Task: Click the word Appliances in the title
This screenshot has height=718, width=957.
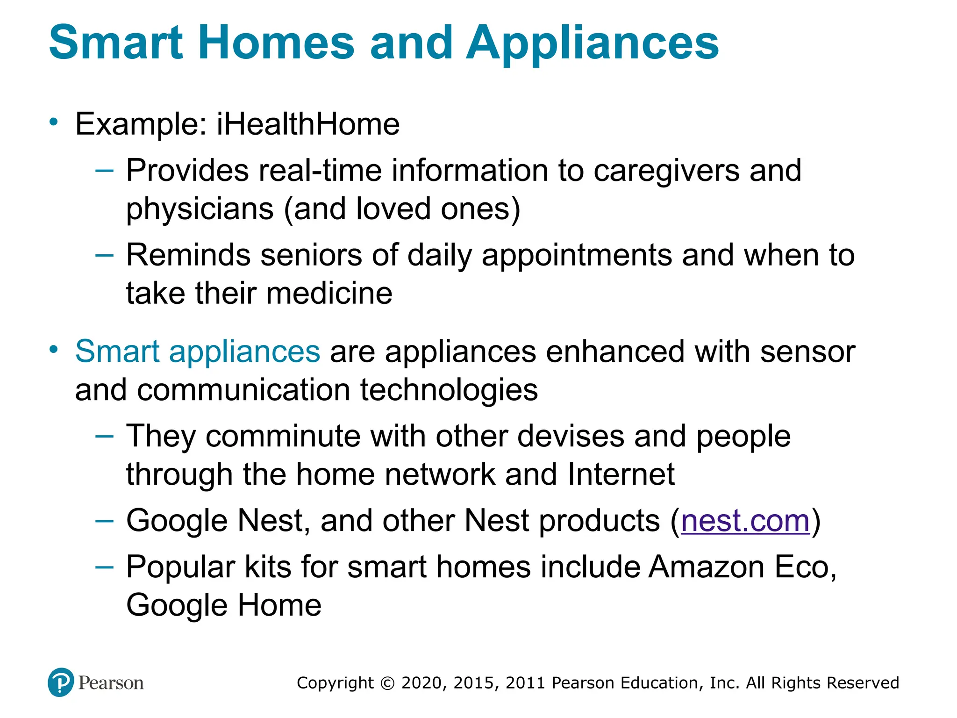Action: (592, 43)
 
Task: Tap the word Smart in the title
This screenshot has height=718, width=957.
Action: (115, 43)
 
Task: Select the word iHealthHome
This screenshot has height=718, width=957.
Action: (308, 124)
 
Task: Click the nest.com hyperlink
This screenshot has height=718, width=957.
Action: (745, 521)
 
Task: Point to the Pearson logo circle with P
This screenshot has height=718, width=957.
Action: (61, 682)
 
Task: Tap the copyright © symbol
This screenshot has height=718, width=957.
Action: (387, 683)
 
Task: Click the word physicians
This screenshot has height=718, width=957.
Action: (200, 209)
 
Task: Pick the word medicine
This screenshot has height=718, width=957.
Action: (329, 294)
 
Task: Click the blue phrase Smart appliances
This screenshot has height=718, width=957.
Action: (198, 352)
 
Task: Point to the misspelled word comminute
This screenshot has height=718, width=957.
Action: (283, 436)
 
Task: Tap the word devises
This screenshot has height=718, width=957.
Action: (571, 436)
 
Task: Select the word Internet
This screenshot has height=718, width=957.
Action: (621, 474)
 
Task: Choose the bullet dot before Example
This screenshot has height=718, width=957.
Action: (54, 122)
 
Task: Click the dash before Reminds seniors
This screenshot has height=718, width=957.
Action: (104, 255)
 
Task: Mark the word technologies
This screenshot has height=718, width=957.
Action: (449, 390)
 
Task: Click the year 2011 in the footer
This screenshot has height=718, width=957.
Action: (526, 683)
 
